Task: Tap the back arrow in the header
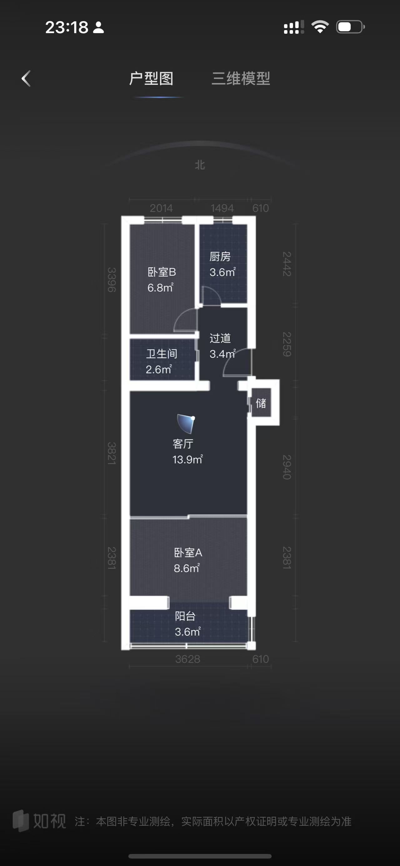(26, 79)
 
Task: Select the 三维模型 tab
(241, 79)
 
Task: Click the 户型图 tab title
(151, 79)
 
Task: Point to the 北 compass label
(200, 165)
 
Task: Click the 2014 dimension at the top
(161, 208)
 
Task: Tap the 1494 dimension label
(222, 208)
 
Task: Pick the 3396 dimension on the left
(111, 280)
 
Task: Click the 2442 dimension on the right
(287, 264)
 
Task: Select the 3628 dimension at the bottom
(187, 659)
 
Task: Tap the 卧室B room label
(162, 272)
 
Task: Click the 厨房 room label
(220, 257)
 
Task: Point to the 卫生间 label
(162, 354)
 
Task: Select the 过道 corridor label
(220, 338)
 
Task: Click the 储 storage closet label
(261, 403)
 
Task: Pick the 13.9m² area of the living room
(187, 459)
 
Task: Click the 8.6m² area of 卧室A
(187, 568)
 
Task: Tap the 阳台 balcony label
(185, 616)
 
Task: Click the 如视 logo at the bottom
(39, 821)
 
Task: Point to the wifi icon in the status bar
(320, 27)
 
